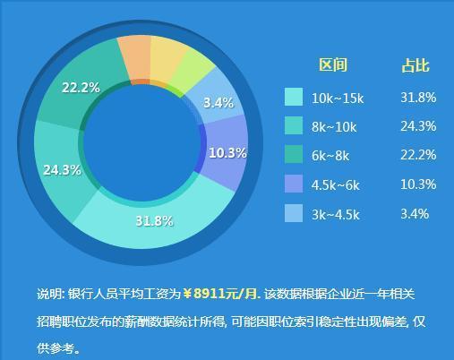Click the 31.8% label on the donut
tap(154, 220)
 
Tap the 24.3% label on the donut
tap(62, 169)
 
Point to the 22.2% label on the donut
tap(80, 87)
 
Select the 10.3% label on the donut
tap(227, 153)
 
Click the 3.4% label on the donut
tap(218, 103)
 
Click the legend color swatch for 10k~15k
tap(294, 97)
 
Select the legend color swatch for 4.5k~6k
tap(294, 184)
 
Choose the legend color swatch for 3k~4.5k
tap(294, 213)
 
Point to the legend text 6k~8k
tap(331, 156)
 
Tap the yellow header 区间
tap(333, 64)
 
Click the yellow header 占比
tap(415, 64)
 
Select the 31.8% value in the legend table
tap(418, 97)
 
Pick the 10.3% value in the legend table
tap(418, 184)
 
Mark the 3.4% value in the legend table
tap(415, 213)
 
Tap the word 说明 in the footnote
tap(49, 294)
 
